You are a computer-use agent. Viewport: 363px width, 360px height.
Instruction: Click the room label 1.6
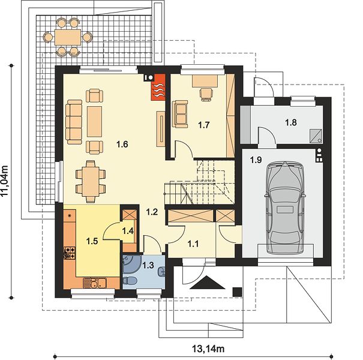[x=122, y=145]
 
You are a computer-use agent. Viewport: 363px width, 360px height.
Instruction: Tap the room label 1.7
[x=204, y=125]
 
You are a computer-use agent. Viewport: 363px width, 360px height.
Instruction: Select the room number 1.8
[x=291, y=122]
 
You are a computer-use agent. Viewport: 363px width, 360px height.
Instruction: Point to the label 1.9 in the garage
[x=256, y=160]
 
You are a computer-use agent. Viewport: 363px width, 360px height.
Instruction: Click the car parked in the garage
[x=284, y=208]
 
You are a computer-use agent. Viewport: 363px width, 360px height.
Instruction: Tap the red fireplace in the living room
[x=158, y=87]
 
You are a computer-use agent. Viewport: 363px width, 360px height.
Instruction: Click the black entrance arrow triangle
[x=207, y=283]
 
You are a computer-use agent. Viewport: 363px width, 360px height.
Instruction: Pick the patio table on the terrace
[x=68, y=37]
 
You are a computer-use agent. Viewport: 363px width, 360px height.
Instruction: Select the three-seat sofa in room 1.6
[x=74, y=122]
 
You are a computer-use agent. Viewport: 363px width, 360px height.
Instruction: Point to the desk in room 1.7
[x=205, y=81]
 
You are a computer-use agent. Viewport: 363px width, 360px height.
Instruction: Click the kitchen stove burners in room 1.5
[x=70, y=253]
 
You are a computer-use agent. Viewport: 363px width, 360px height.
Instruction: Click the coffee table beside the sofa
[x=94, y=122]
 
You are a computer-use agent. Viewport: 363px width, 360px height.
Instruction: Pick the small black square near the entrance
[x=237, y=292]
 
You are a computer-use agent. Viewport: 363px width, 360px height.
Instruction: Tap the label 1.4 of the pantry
[x=128, y=231]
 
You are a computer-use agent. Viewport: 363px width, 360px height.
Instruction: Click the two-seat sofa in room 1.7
[x=180, y=113]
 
